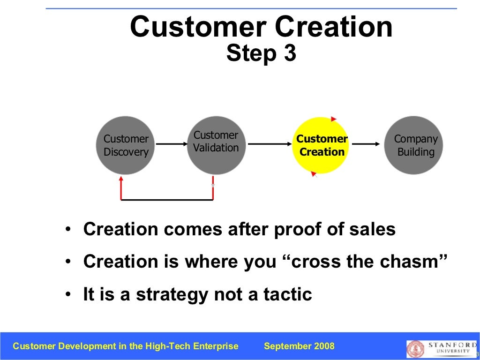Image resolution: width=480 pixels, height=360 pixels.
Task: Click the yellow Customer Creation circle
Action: [321, 145]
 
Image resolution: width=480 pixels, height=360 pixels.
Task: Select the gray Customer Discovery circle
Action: [126, 145]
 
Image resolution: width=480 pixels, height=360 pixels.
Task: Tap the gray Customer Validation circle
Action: [216, 145]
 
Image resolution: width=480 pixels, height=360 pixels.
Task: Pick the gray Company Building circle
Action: [414, 145]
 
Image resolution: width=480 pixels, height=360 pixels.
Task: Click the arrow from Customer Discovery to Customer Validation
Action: [171, 145]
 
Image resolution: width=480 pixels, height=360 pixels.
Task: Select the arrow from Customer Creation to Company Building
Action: [365, 145]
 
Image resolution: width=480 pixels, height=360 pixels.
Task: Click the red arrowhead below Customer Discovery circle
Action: [121, 179]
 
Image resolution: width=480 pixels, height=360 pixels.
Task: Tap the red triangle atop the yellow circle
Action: [333, 119]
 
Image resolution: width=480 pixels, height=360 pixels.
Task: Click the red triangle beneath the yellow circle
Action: [313, 174]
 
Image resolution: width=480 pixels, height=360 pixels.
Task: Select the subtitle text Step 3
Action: [261, 53]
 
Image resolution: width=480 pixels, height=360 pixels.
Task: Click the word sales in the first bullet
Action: [373, 230]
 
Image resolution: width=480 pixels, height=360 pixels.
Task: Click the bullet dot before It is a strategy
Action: [69, 295]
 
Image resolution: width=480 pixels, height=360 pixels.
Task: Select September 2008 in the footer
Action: [299, 346]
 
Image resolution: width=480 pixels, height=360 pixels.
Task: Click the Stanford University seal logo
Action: [415, 349]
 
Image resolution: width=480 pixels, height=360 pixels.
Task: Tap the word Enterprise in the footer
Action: [216, 346]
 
